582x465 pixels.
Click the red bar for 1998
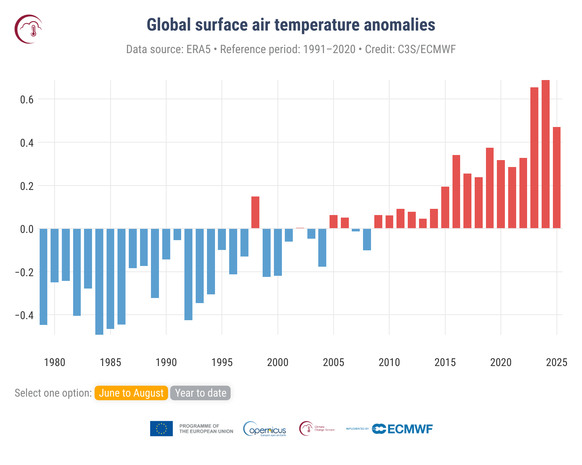coord(255,212)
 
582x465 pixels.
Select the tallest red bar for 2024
coord(545,154)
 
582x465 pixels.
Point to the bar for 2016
coord(456,192)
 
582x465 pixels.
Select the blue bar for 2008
coord(367,239)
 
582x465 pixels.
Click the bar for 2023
coord(534,158)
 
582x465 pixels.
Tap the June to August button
coord(131,393)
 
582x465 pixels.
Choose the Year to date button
coord(200,393)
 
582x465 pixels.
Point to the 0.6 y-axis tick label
coord(27,100)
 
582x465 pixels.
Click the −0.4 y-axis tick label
coord(24,315)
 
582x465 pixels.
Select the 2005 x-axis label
coord(333,362)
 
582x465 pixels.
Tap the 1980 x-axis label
coord(55,362)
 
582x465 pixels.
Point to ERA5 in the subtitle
coord(198,49)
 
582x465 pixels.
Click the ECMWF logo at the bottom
coord(402,429)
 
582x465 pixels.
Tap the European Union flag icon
coord(162,429)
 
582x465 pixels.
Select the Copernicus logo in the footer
coord(265,429)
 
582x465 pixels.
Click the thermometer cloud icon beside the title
coord(29,29)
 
